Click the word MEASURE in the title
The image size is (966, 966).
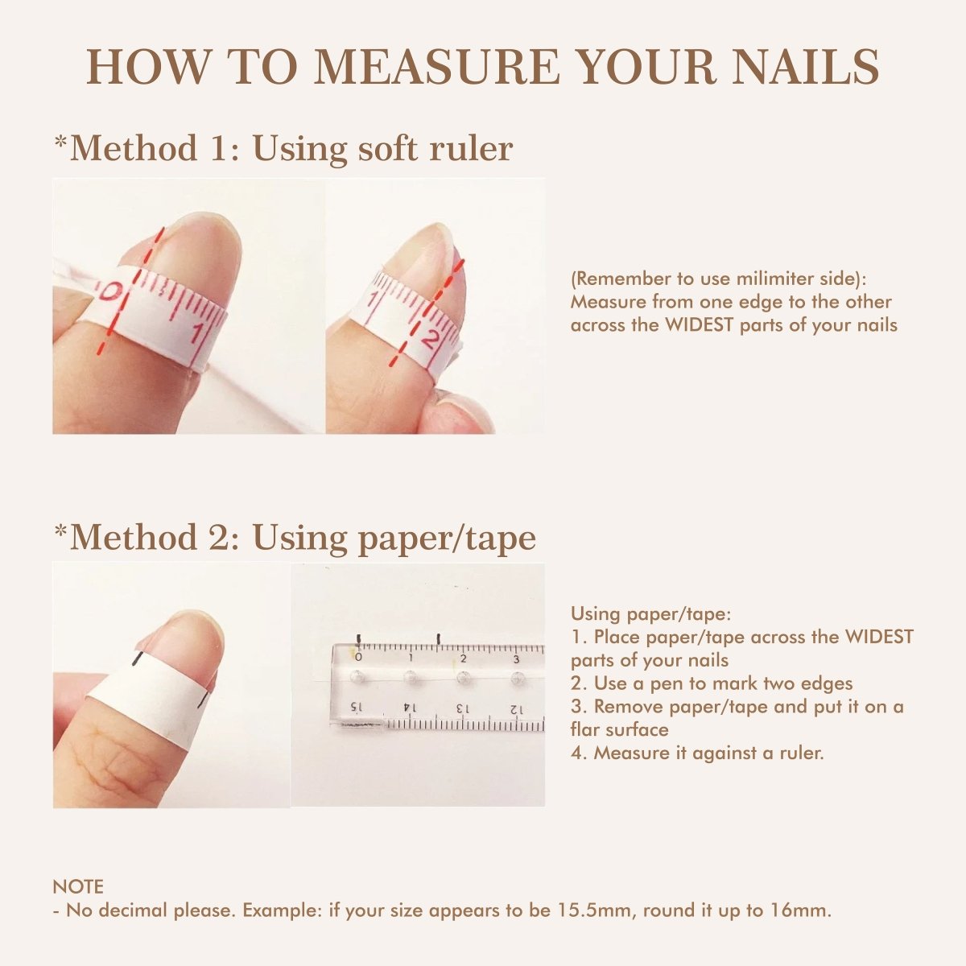[x=436, y=67]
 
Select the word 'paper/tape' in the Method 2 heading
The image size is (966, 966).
[x=446, y=538]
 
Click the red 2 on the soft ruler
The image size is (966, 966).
[x=431, y=339]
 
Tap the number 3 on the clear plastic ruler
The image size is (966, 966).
[x=515, y=658]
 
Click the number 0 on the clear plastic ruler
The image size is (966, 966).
[x=358, y=658]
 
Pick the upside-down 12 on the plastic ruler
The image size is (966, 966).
[x=516, y=709]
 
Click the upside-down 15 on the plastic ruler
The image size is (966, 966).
[x=355, y=707]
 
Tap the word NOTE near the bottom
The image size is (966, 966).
[x=78, y=887]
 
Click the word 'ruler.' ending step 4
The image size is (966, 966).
[x=801, y=753]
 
